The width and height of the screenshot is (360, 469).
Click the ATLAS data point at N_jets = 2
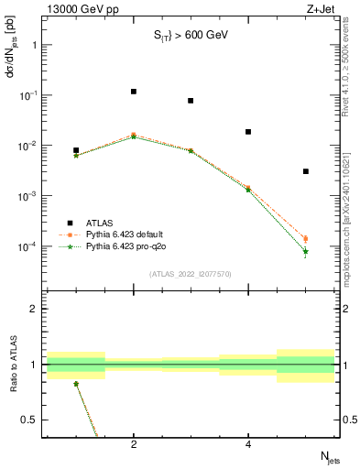(x=134, y=92)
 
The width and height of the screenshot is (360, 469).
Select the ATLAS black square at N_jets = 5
(x=306, y=171)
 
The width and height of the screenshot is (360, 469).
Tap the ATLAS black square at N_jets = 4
(x=248, y=132)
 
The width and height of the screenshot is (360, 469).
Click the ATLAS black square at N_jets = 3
(x=191, y=101)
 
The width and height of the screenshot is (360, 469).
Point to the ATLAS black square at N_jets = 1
(x=76, y=150)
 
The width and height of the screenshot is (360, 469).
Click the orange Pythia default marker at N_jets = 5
(x=306, y=239)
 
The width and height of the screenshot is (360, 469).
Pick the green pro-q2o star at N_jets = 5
(x=306, y=251)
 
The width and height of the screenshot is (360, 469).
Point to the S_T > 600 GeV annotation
(x=190, y=35)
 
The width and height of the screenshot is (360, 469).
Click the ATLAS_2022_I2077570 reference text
(x=190, y=273)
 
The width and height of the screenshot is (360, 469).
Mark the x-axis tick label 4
(x=248, y=444)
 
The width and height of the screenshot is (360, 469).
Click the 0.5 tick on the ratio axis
(x=31, y=420)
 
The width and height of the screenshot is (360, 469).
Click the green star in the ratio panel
(x=76, y=384)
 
